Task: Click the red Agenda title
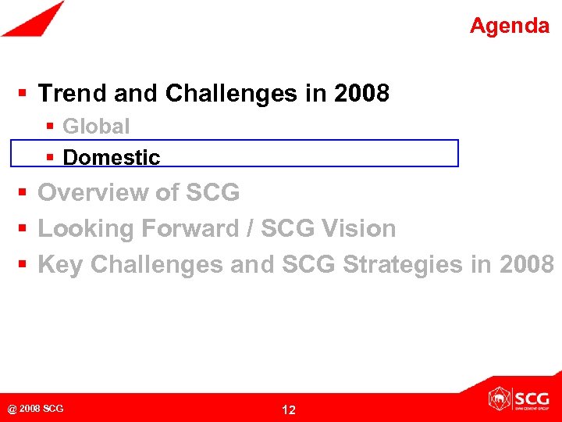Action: tap(509, 26)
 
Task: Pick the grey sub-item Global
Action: tap(96, 126)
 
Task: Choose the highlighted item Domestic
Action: tap(111, 157)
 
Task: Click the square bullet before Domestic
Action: tap(50, 158)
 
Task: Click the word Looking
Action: tap(86, 229)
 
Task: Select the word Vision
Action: tap(361, 229)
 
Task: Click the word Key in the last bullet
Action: tap(60, 265)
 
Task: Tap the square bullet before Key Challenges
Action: tap(23, 266)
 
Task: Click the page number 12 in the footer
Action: tap(288, 409)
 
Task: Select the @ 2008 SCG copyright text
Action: tap(35, 409)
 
